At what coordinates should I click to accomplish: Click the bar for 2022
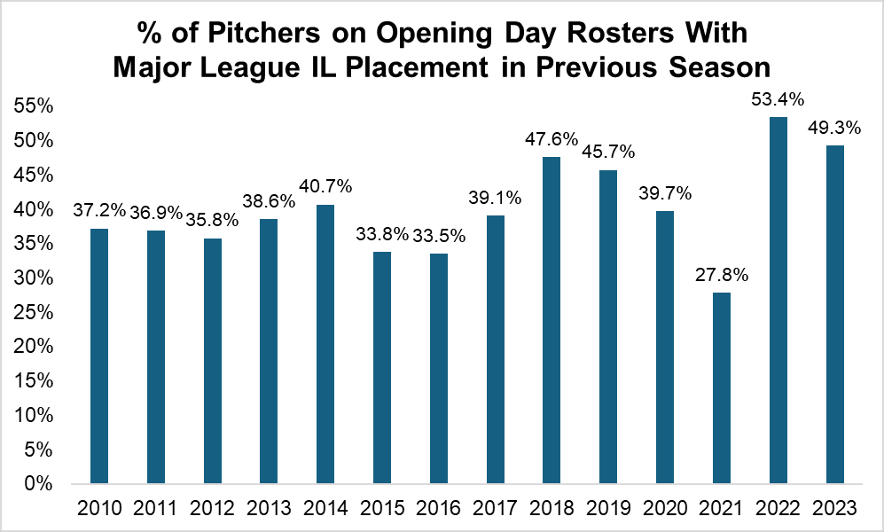778,301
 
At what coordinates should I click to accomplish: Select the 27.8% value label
722,275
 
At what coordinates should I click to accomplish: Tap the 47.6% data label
552,139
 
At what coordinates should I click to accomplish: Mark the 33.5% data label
438,235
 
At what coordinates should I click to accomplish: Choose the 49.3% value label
834,128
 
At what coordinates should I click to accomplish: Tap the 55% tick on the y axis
35,106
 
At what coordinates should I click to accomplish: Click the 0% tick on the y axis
40,485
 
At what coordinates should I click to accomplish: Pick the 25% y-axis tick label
35,313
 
